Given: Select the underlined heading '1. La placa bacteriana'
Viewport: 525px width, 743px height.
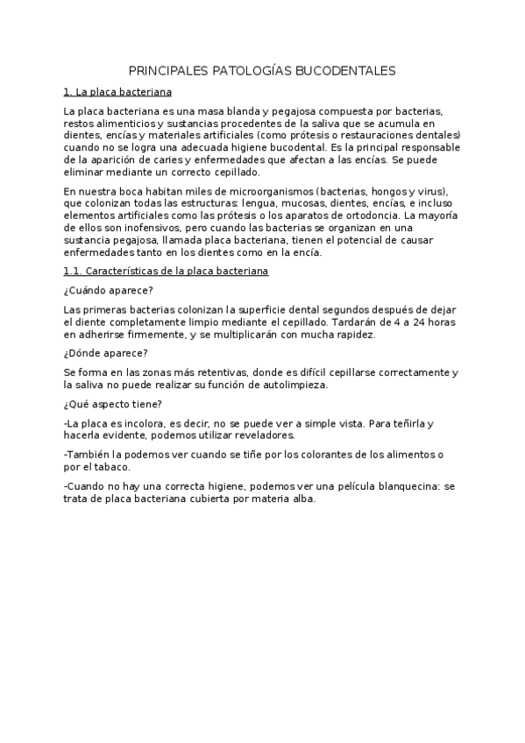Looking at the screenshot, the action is click(x=118, y=91).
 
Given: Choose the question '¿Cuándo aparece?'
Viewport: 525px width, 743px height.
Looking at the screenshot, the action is click(x=108, y=291).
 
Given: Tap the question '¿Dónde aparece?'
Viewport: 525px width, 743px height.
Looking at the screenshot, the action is click(x=105, y=353).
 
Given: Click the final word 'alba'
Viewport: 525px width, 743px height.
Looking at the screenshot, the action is click(x=298, y=499).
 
